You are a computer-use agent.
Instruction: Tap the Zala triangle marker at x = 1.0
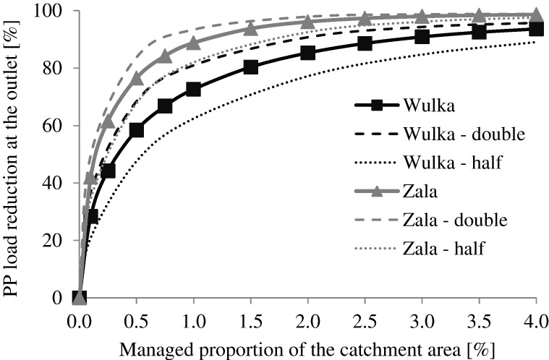pyautogui.click(x=194, y=43)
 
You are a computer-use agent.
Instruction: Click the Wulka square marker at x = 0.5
pyautogui.click(x=137, y=130)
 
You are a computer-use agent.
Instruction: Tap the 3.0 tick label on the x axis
pyautogui.click(x=422, y=318)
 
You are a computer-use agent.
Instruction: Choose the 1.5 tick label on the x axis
pyautogui.click(x=251, y=318)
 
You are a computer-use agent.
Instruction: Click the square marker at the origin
pyautogui.click(x=80, y=297)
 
